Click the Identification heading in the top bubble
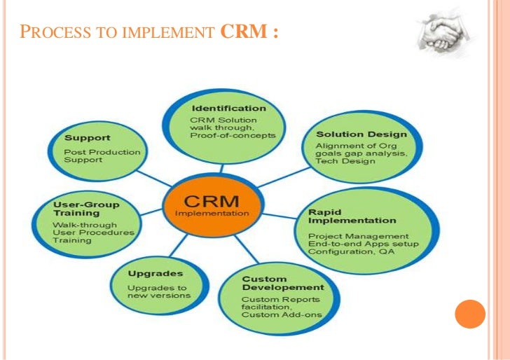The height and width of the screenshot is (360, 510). (x=228, y=109)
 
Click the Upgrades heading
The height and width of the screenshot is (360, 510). (x=156, y=273)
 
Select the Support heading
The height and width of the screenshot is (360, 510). (x=87, y=137)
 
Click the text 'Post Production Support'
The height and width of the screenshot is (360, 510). (x=102, y=155)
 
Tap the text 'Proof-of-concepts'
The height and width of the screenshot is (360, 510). (x=233, y=135)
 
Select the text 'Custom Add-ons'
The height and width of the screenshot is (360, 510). (x=282, y=314)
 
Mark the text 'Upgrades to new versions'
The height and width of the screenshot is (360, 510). (x=158, y=291)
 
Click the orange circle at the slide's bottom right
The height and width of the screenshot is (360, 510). (x=470, y=315)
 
